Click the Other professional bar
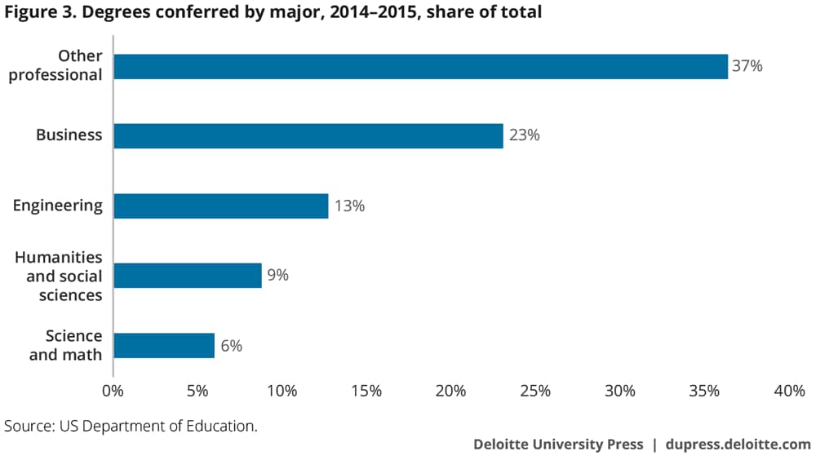pyautogui.click(x=420, y=66)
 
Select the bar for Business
pyautogui.click(x=308, y=135)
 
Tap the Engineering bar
pyautogui.click(x=220, y=206)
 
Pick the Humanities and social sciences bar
pyautogui.click(x=188, y=275)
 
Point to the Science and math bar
pyautogui.click(x=163, y=345)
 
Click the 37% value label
pyautogui.click(x=747, y=66)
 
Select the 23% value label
pyautogui.click(x=524, y=135)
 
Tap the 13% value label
pyautogui.click(x=348, y=206)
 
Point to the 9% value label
pyautogui.click(x=277, y=275)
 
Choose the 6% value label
pyautogui.click(x=230, y=345)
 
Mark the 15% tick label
pyautogui.click(x=366, y=391)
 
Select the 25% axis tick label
pyautogui.click(x=535, y=391)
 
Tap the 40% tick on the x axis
pyautogui.click(x=788, y=391)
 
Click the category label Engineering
pyautogui.click(x=58, y=206)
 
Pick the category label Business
pyautogui.click(x=69, y=135)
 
